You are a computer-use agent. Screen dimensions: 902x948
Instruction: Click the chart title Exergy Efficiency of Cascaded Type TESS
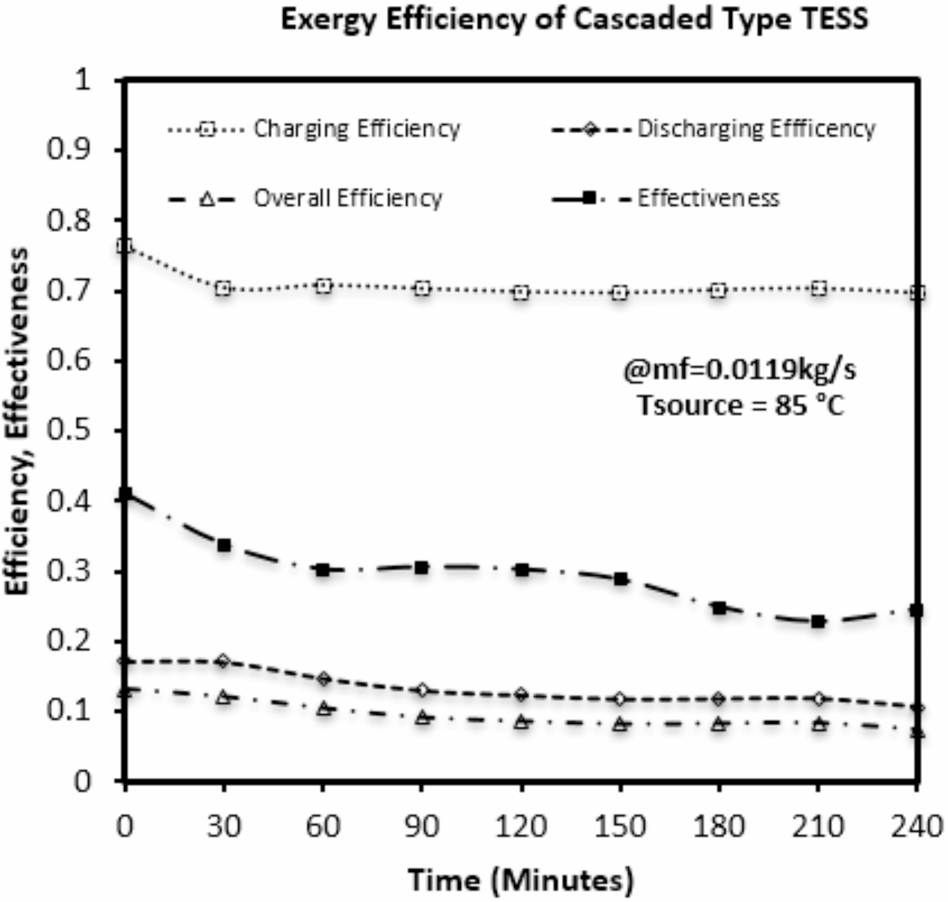click(x=574, y=20)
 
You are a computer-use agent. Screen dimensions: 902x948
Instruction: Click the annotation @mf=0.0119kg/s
click(x=740, y=370)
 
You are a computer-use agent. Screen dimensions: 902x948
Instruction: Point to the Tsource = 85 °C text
click(x=740, y=405)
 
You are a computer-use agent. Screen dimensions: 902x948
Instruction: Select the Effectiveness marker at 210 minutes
click(x=818, y=622)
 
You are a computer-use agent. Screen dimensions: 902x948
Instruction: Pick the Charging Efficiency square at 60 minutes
click(x=324, y=286)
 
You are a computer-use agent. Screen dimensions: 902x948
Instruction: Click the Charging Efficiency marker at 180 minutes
click(x=719, y=291)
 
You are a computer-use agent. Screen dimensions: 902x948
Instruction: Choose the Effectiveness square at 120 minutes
click(x=522, y=570)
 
